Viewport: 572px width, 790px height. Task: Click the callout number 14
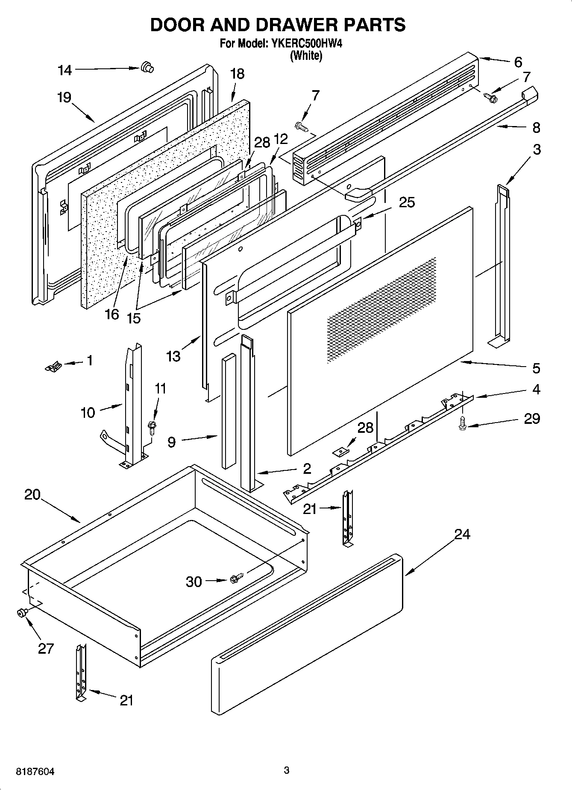point(65,70)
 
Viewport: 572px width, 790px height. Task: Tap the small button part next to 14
point(147,67)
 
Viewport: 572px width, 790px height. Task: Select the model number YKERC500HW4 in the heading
point(305,43)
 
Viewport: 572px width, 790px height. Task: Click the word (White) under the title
point(306,56)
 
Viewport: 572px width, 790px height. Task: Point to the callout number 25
point(407,202)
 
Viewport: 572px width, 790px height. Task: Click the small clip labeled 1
point(54,366)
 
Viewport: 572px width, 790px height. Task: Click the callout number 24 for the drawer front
point(462,534)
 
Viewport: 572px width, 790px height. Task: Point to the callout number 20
point(32,495)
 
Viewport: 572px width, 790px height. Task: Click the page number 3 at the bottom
point(287,770)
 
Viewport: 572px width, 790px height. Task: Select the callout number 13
point(173,356)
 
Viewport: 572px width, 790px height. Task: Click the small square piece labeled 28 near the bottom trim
point(340,451)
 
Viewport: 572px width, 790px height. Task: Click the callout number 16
point(111,314)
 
